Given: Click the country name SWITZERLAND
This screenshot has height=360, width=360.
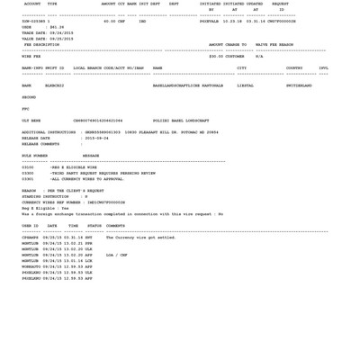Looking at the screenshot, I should (x=299, y=86).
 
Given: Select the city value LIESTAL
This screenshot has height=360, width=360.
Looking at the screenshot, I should (x=246, y=86).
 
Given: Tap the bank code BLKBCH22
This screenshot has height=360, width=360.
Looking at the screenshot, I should (x=54, y=86).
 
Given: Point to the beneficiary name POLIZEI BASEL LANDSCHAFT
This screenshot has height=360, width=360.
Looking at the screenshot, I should (x=181, y=121).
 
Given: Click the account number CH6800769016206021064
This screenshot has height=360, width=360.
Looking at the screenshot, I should (x=98, y=121).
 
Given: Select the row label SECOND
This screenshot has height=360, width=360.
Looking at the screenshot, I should (x=29, y=97).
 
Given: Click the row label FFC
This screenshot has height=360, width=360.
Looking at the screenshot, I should (x=25, y=109).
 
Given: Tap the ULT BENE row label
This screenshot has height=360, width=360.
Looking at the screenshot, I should (x=31, y=121).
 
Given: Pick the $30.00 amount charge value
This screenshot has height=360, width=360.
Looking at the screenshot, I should (x=216, y=56).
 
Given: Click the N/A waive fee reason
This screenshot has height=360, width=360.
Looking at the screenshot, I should (x=260, y=56).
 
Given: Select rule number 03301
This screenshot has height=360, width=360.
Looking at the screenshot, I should (x=28, y=179).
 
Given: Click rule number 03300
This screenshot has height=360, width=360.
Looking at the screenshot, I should (x=28, y=174).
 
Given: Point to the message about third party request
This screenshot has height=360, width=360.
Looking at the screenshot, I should (x=103, y=174).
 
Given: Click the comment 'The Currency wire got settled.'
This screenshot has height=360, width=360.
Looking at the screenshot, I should (x=140, y=238).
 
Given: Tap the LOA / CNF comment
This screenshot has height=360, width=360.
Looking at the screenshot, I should (x=117, y=255).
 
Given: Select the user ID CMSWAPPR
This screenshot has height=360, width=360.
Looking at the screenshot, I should (x=31, y=238).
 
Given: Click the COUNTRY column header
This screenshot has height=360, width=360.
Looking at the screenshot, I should (x=294, y=67).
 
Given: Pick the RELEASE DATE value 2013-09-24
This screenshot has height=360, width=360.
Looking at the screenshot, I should (x=97, y=139).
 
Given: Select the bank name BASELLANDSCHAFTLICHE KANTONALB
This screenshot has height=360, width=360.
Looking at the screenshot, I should (x=187, y=86).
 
